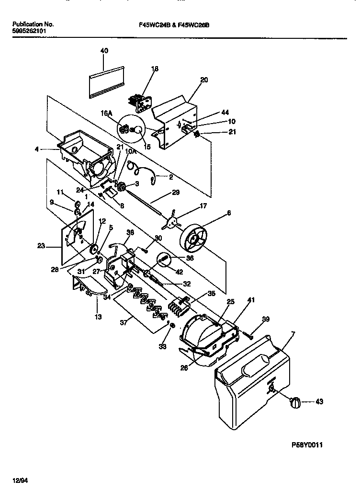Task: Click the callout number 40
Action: tap(104, 50)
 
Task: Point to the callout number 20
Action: tap(204, 80)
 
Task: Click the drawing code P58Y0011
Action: tap(307, 445)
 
